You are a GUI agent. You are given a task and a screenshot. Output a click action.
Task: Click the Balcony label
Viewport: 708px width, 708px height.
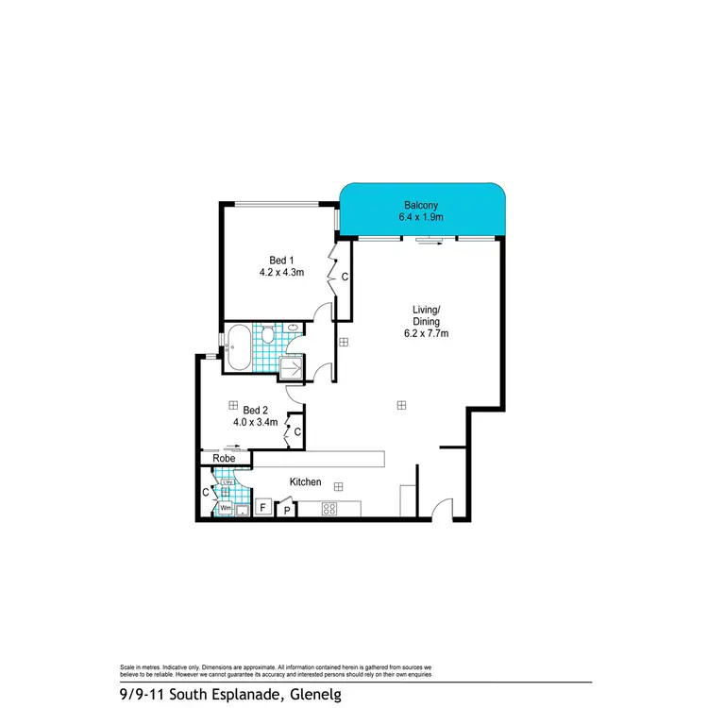421,205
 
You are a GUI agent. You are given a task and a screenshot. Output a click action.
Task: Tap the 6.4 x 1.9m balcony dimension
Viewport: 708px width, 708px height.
421,218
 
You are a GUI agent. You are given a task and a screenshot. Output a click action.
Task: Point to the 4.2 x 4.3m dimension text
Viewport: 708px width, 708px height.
281,273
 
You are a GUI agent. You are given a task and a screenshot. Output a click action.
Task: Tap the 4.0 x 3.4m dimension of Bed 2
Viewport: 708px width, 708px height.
256,422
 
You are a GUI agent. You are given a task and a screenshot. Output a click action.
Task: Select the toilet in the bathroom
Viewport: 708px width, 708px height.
267,334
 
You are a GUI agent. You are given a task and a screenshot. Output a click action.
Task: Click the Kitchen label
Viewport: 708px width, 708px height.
306,482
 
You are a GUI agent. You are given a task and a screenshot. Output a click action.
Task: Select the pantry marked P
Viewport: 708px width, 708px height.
286,511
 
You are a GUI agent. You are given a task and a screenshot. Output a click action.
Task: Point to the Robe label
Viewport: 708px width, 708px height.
224,458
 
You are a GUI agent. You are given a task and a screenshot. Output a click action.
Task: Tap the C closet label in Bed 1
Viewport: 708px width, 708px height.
345,278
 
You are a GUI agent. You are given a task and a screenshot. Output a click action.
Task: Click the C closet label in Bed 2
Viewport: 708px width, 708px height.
296,432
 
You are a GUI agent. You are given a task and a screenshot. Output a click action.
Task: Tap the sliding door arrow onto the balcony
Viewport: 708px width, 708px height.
430,243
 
